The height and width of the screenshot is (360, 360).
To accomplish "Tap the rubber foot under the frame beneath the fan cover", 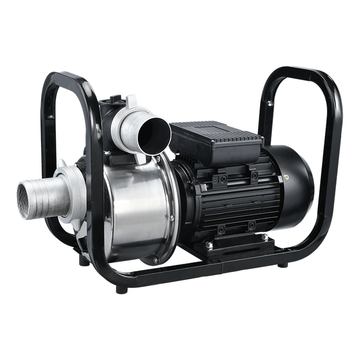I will point(283,265).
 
